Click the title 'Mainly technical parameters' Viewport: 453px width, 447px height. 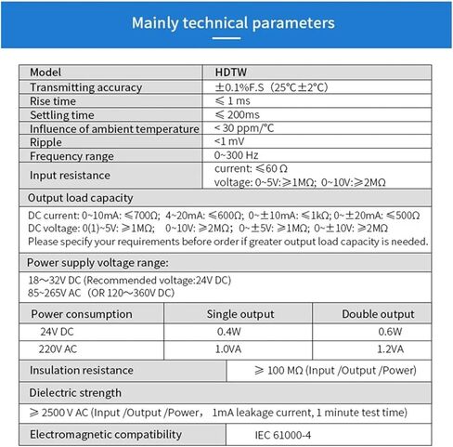coord(226,23)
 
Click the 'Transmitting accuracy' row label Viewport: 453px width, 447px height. coord(85,87)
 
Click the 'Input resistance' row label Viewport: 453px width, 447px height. coord(70,175)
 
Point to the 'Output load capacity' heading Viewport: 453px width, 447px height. coord(80,198)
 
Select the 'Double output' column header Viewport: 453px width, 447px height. coord(378,314)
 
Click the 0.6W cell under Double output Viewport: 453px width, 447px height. coord(390,332)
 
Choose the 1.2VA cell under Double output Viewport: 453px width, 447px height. coord(390,349)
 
